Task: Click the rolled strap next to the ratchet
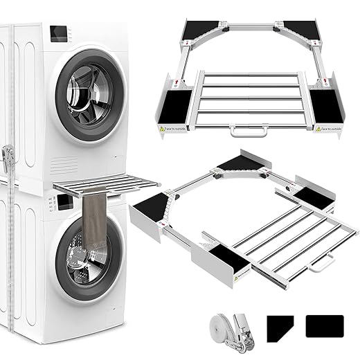point(221,322)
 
